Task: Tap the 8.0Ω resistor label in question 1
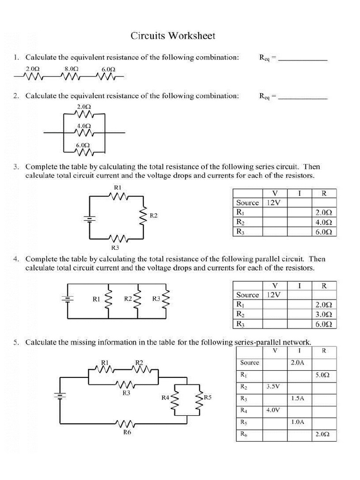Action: coord(71,68)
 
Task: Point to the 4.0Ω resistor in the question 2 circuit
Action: coord(84,134)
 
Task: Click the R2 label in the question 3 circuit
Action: coord(153,216)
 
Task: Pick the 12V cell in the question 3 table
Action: coord(274,202)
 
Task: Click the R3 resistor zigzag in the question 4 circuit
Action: coord(165,299)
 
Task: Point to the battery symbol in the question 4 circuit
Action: coord(68,298)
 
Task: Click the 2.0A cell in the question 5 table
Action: coord(298,363)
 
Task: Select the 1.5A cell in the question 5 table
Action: coord(298,398)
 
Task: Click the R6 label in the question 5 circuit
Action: coord(127,433)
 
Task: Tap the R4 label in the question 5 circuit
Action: coord(165,397)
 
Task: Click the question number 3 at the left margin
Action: coord(16,166)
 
